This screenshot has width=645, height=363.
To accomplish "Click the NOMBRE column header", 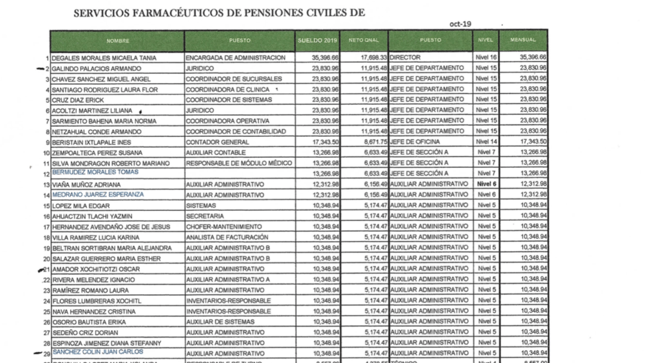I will tap(117, 40).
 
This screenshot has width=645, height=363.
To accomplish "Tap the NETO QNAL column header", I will tap(365, 40).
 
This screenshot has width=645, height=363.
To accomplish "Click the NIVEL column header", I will tap(484, 40).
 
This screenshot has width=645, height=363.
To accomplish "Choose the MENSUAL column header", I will tap(523, 40).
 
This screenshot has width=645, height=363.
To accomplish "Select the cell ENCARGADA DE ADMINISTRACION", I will tap(232, 58).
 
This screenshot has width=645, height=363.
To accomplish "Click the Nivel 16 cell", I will tap(486, 58).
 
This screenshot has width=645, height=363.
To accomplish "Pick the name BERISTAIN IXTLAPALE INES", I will tap(91, 142).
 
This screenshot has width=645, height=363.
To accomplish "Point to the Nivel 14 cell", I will tap(486, 142).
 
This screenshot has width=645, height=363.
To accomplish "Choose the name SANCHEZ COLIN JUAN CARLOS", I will tap(97, 352).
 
